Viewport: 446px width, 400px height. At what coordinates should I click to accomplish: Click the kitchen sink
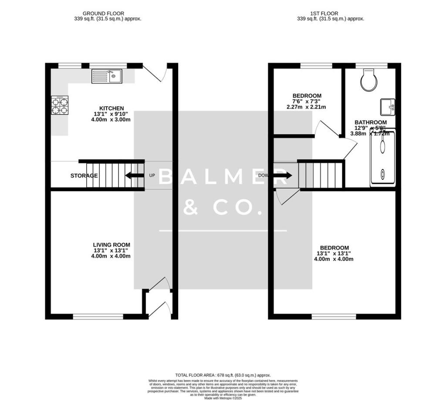pyautogui.click(x=108, y=77)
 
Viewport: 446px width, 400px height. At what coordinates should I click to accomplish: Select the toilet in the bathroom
pyautogui.click(x=369, y=80)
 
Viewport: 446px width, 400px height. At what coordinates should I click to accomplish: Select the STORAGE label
pyautogui.click(x=84, y=176)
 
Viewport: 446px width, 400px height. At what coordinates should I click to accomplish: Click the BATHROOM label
pyautogui.click(x=370, y=122)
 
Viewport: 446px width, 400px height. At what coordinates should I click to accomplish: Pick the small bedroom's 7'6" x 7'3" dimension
pyautogui.click(x=307, y=101)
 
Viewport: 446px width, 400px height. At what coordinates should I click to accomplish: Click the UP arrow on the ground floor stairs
pyautogui.click(x=134, y=176)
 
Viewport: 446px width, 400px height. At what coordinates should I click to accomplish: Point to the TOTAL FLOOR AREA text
pyautogui.click(x=223, y=375)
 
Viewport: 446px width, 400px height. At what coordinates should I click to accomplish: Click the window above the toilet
pyautogui.click(x=371, y=66)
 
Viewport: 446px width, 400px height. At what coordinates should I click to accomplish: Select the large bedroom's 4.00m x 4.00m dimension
pyautogui.click(x=333, y=259)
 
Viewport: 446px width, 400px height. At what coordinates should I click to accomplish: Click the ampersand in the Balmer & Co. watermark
pyautogui.click(x=190, y=208)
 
